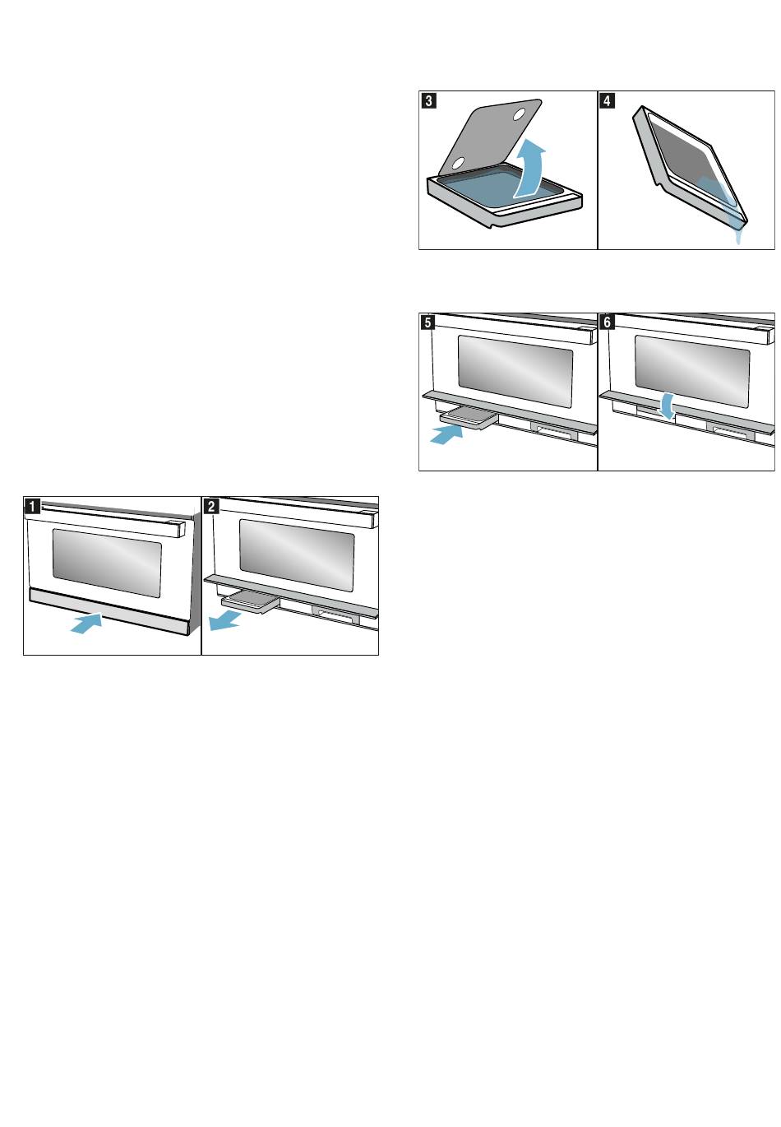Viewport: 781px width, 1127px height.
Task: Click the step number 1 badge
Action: (x=32, y=506)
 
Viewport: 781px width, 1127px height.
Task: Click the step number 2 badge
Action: (x=211, y=506)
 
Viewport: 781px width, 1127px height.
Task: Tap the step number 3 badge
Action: (x=428, y=100)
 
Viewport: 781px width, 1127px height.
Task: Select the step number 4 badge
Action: (x=607, y=100)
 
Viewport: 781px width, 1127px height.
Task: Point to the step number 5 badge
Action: (x=428, y=322)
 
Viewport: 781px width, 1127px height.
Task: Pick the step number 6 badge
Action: (x=607, y=322)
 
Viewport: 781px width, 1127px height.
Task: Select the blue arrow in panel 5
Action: (x=446, y=434)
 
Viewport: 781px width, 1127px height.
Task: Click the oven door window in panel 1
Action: (x=107, y=563)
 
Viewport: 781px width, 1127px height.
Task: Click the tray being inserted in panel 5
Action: (x=469, y=418)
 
